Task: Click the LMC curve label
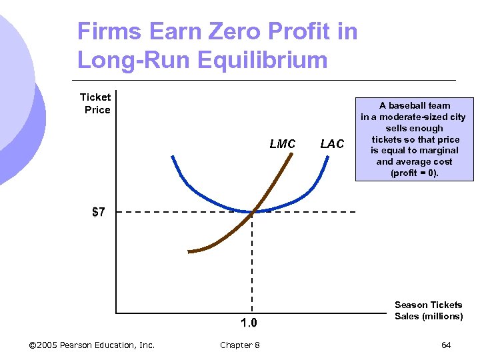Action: coord(282,144)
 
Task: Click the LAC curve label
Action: coord(332,144)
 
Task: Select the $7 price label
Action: coord(98,213)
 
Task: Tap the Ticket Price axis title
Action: coord(96,103)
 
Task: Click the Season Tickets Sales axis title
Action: coord(428,310)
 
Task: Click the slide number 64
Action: coord(446,345)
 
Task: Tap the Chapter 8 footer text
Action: coord(240,345)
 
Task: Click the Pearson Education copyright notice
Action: coord(92,345)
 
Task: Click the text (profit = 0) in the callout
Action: coord(414,173)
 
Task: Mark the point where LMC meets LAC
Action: coord(253,212)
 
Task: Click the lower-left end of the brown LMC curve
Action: coord(189,251)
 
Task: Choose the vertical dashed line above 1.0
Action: coord(252,267)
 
